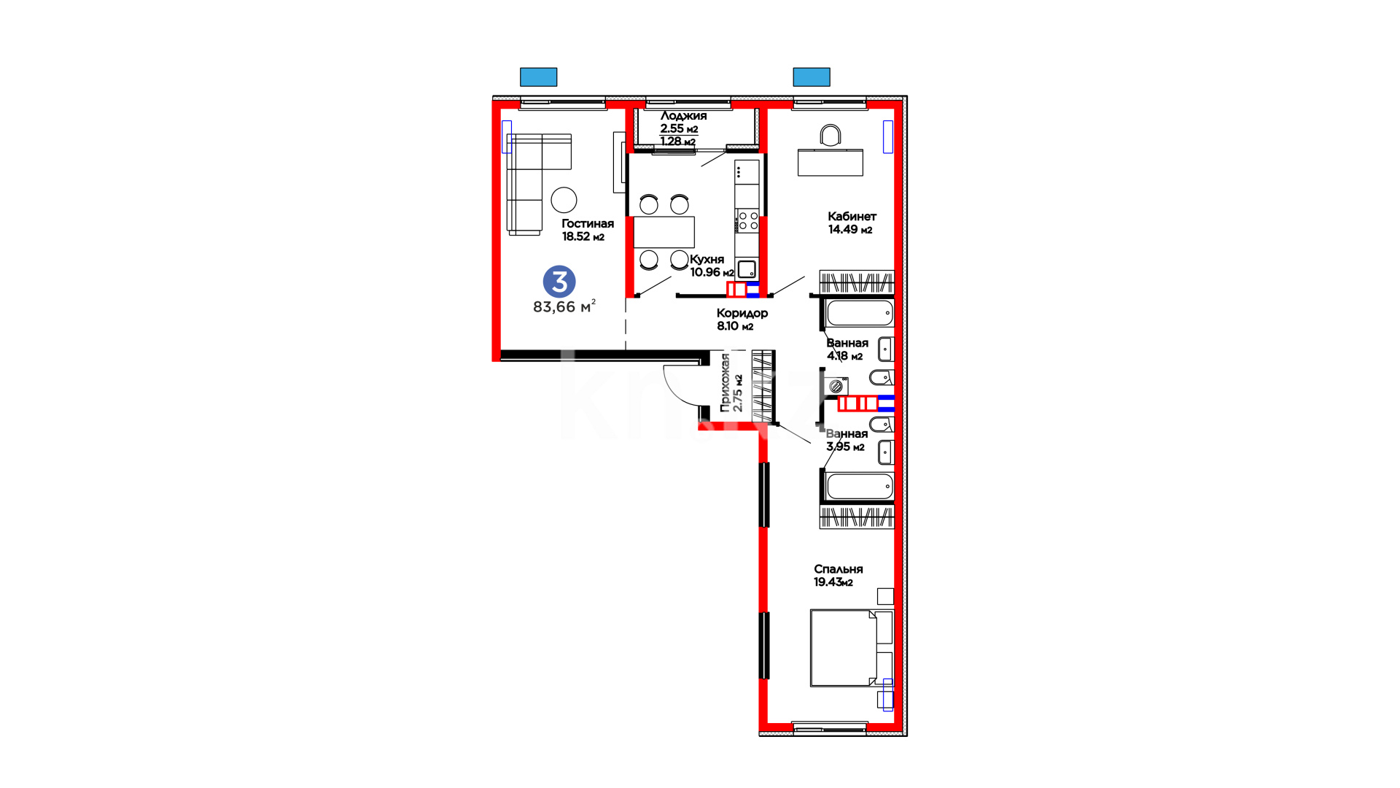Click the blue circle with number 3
[x=559, y=282]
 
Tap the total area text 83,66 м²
[x=564, y=306]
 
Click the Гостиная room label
[x=588, y=224]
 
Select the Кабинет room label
[x=852, y=217]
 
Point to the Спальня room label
[x=839, y=569]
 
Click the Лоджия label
[x=683, y=116]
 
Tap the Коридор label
[x=742, y=313]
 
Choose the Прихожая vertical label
[x=725, y=383]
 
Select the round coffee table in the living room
[x=564, y=200]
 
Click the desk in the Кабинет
[x=831, y=163]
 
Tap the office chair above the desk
[x=831, y=136]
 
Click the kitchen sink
[x=747, y=269]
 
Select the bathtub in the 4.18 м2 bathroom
[x=860, y=313]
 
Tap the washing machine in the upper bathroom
[x=836, y=386]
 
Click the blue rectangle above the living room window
[x=538, y=77]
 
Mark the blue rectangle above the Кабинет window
[x=812, y=77]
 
